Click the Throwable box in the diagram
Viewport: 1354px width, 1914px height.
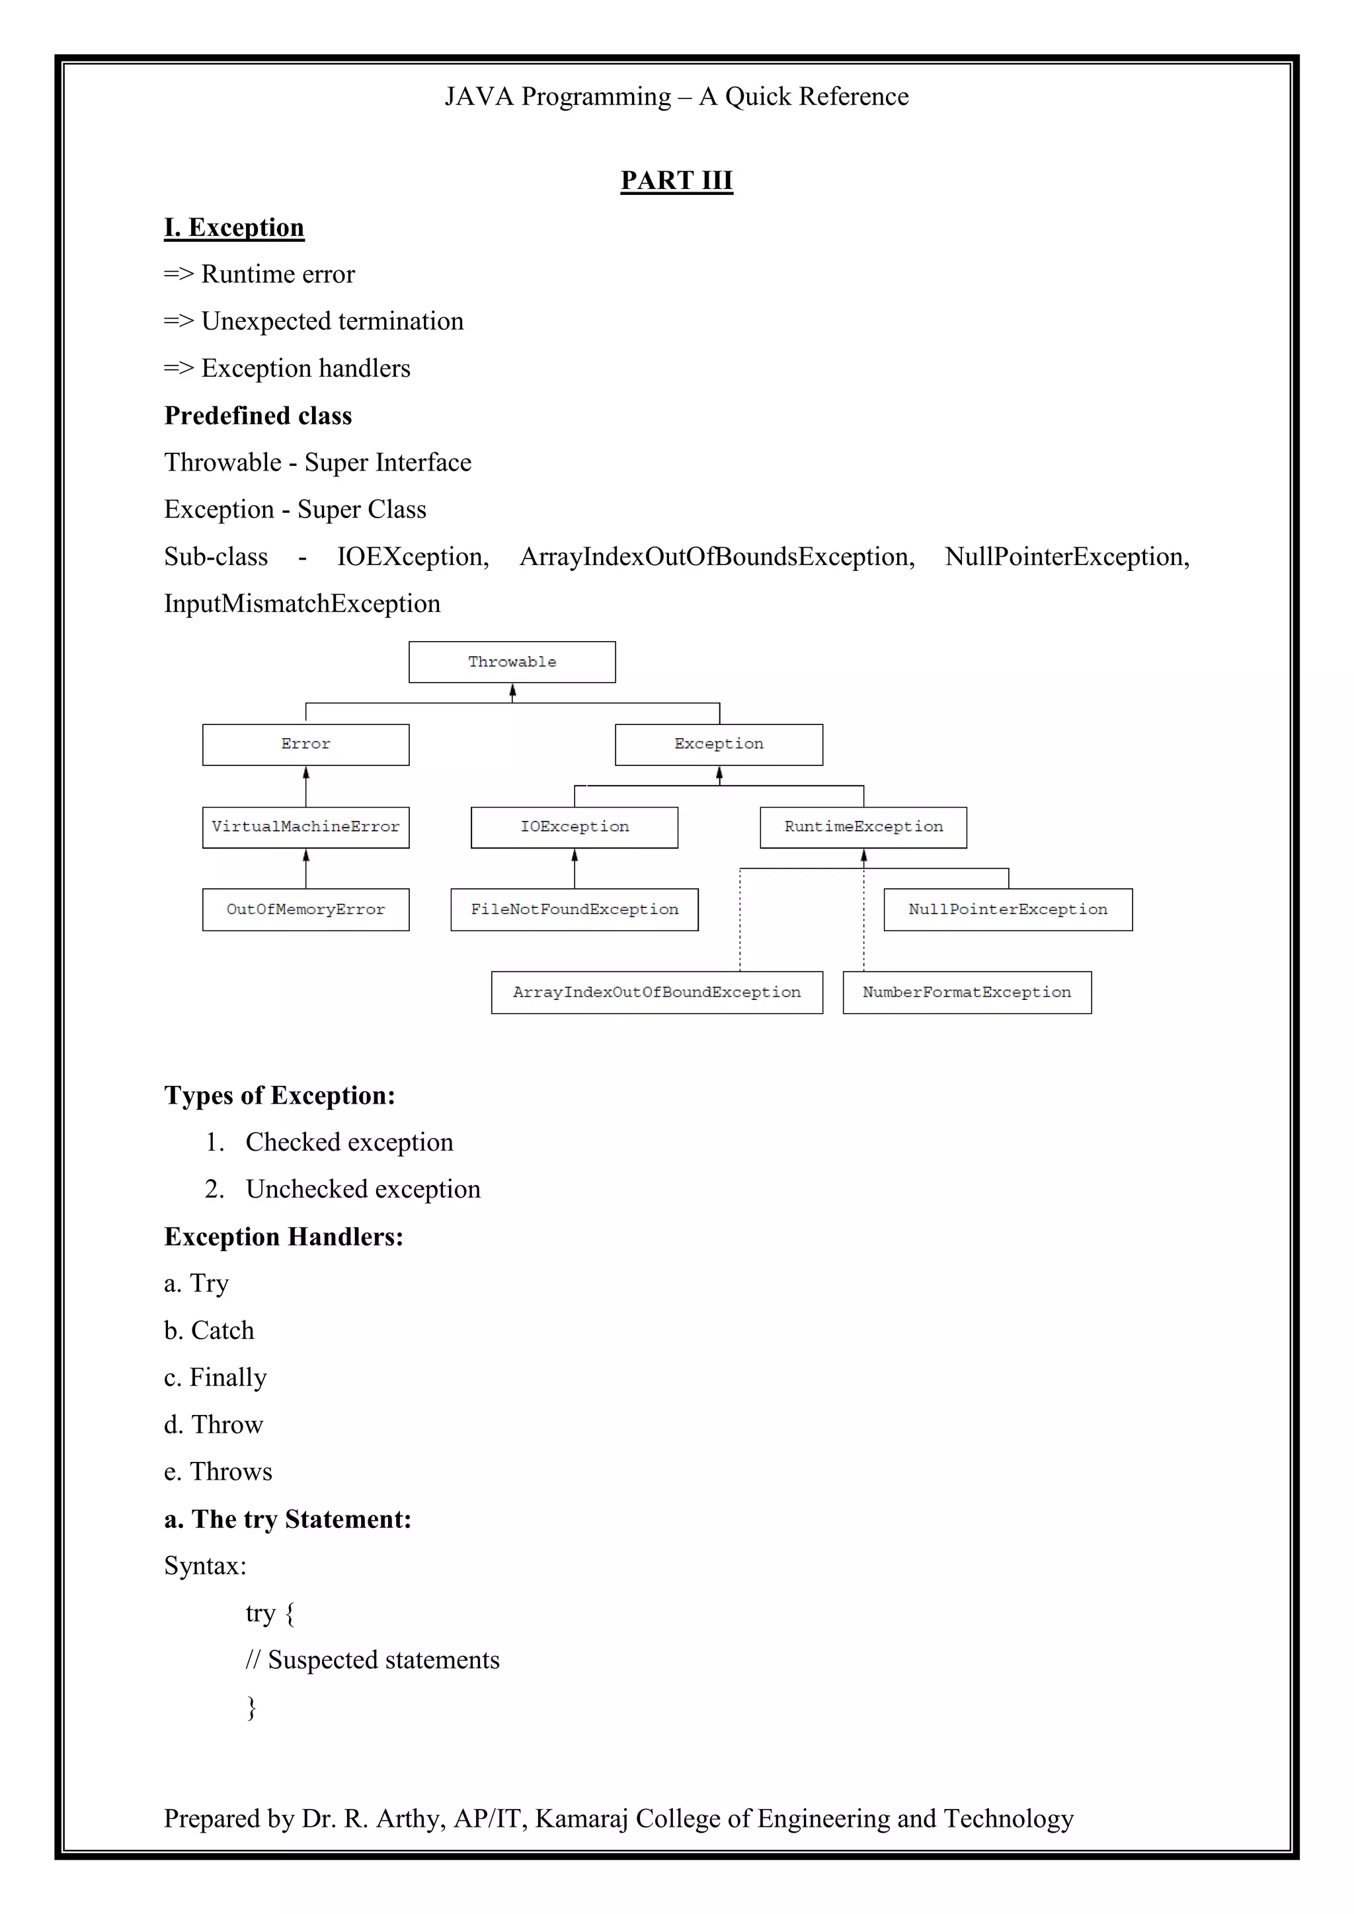pyautogui.click(x=512, y=662)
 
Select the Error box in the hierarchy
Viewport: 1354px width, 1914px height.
pyautogui.click(x=305, y=744)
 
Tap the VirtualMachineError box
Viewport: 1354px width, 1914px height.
pyautogui.click(x=305, y=827)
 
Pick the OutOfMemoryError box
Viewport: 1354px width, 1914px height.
pyautogui.click(x=305, y=909)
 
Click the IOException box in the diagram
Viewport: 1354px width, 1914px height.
pyautogui.click(x=575, y=827)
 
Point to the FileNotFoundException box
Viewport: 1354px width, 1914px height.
pyautogui.click(x=575, y=909)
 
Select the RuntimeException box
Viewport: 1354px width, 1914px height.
pyautogui.click(x=863, y=827)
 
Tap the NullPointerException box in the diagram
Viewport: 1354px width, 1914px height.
pyautogui.click(x=1008, y=909)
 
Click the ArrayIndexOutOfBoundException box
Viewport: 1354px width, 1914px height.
pyautogui.click(x=657, y=992)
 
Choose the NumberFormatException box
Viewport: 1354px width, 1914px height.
pyautogui.click(x=967, y=992)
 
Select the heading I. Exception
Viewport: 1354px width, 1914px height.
pyautogui.click(x=234, y=227)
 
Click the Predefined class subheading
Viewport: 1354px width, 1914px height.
pyautogui.click(x=258, y=415)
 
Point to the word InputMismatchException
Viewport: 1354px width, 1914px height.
pyautogui.click(x=302, y=603)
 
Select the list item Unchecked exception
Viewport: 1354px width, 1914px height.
pyautogui.click(x=363, y=1189)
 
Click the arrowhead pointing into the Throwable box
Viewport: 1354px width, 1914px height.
pyautogui.click(x=513, y=690)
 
